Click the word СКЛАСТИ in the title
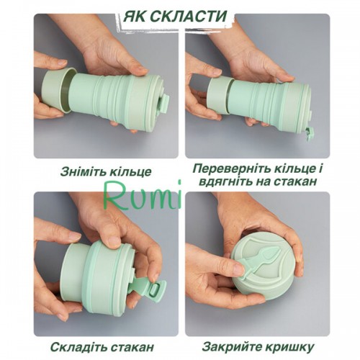pyautogui.click(x=189, y=17)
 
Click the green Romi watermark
pyautogui.click(x=142, y=195)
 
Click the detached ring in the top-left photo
pyautogui.click(x=58, y=90)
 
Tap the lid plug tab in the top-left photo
pyautogui.click(x=166, y=103)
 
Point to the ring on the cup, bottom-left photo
pyautogui.click(x=78, y=272)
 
